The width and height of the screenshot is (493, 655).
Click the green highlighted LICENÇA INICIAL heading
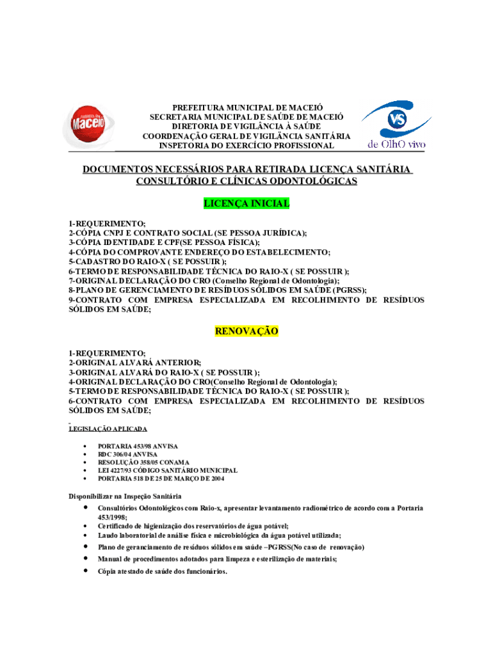(x=247, y=203)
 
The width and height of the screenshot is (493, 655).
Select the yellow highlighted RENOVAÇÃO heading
(x=247, y=331)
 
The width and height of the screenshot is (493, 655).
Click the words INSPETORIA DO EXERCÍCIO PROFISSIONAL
(x=247, y=146)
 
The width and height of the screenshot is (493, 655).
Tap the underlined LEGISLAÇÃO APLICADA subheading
(x=108, y=429)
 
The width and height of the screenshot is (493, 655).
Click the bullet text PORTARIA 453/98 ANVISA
(x=138, y=446)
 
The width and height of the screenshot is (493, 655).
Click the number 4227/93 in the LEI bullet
(x=125, y=470)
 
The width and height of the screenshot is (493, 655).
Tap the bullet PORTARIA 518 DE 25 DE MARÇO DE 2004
(x=161, y=478)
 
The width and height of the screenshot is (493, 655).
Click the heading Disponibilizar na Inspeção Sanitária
(x=125, y=496)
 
